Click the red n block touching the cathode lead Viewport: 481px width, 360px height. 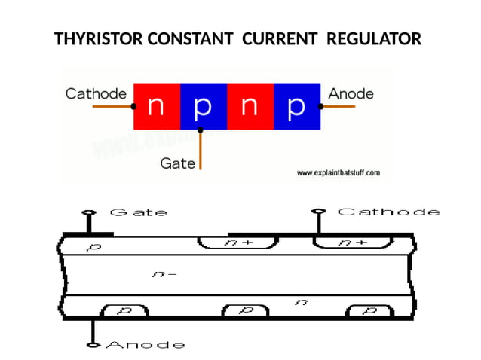[x=156, y=107]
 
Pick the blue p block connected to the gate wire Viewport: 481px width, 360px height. [x=203, y=107]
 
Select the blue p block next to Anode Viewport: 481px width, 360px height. [x=296, y=107]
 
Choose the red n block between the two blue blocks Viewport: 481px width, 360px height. [x=250, y=107]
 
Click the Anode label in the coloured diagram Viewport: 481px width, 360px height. [x=351, y=94]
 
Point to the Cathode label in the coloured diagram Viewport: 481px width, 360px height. [x=96, y=94]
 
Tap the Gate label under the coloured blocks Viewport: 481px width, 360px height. [x=178, y=163]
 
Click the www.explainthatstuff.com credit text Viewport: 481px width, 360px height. [x=338, y=173]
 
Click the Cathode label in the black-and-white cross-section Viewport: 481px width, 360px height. [x=388, y=212]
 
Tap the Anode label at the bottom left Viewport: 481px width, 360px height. [x=144, y=345]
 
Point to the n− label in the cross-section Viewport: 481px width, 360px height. [x=164, y=274]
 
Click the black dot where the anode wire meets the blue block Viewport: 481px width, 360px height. [x=320, y=107]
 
